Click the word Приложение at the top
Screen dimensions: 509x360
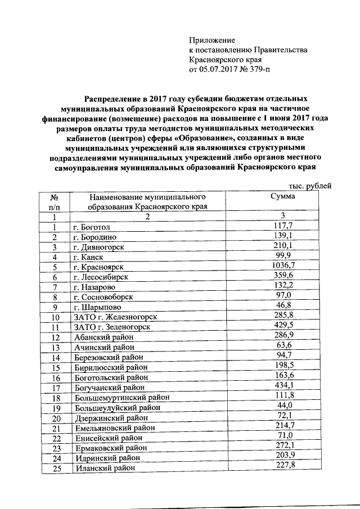click(211, 41)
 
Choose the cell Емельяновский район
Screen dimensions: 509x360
click(110, 428)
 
